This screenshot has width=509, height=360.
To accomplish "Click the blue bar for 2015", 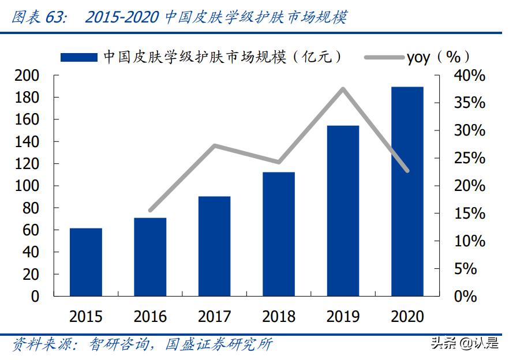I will (86, 262).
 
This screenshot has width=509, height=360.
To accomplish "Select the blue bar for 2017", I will (214, 246).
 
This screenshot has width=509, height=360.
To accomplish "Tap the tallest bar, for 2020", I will (407, 192).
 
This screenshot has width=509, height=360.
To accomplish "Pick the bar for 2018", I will (279, 234).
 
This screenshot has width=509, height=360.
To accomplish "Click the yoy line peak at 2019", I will (343, 89).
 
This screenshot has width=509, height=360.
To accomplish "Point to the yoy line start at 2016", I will (150, 211).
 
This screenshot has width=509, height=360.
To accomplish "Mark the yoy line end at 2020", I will (407, 171).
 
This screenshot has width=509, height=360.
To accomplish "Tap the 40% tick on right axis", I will (469, 76).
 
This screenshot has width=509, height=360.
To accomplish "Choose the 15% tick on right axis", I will (469, 214).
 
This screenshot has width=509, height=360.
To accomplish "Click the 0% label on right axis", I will (465, 297).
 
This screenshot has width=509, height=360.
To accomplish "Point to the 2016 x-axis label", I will (150, 317).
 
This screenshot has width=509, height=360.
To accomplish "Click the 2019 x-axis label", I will (343, 317).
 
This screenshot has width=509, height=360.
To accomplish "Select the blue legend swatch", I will (79, 57).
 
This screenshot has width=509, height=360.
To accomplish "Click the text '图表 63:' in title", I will (39, 17).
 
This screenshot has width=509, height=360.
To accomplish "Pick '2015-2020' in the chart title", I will (122, 17).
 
